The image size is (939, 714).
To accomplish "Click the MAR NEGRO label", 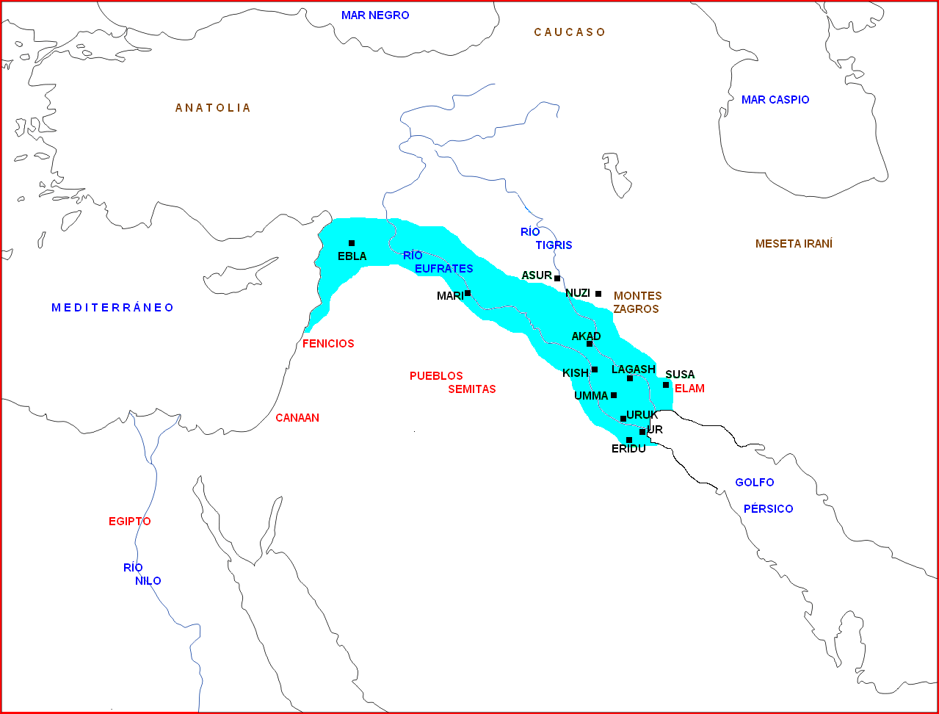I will point(375,15).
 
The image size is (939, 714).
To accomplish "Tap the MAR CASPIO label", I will point(775,100).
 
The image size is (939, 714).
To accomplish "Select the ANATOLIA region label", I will point(213,108).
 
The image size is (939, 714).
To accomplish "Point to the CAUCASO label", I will point(570,32).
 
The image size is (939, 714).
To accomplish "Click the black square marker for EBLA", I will point(352,243).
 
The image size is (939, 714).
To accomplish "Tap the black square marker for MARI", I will point(468,293).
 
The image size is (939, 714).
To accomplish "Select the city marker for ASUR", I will point(557,278).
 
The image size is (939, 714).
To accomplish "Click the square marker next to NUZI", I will point(598,294).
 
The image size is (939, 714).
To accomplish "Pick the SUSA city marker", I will point(666,385).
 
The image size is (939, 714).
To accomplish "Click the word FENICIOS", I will point(328,344).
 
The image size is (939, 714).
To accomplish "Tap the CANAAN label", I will point(297,418).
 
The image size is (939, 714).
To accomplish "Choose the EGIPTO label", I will point(130,522).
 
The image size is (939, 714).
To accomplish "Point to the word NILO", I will point(148,581).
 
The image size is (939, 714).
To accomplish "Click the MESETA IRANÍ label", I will point(794,244).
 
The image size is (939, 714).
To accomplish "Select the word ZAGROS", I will point(636,309).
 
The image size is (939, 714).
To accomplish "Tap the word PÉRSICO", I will point(768,509).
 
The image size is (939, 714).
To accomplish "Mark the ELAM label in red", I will point(689,389).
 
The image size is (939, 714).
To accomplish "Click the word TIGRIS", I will point(554,245).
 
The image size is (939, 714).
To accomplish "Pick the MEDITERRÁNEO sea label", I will point(112,308).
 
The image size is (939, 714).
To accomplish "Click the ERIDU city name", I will point(628,449).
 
